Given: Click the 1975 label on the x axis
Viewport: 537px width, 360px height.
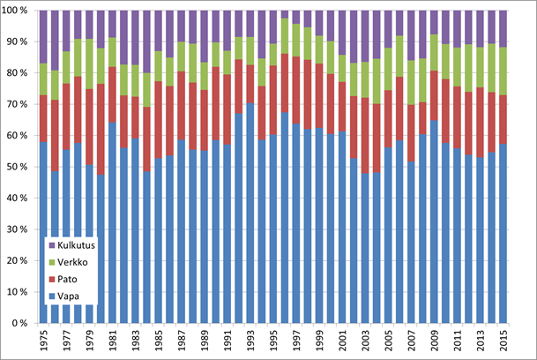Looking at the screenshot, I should tap(44, 340).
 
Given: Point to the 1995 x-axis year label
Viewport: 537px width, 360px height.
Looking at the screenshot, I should tap(273, 340).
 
